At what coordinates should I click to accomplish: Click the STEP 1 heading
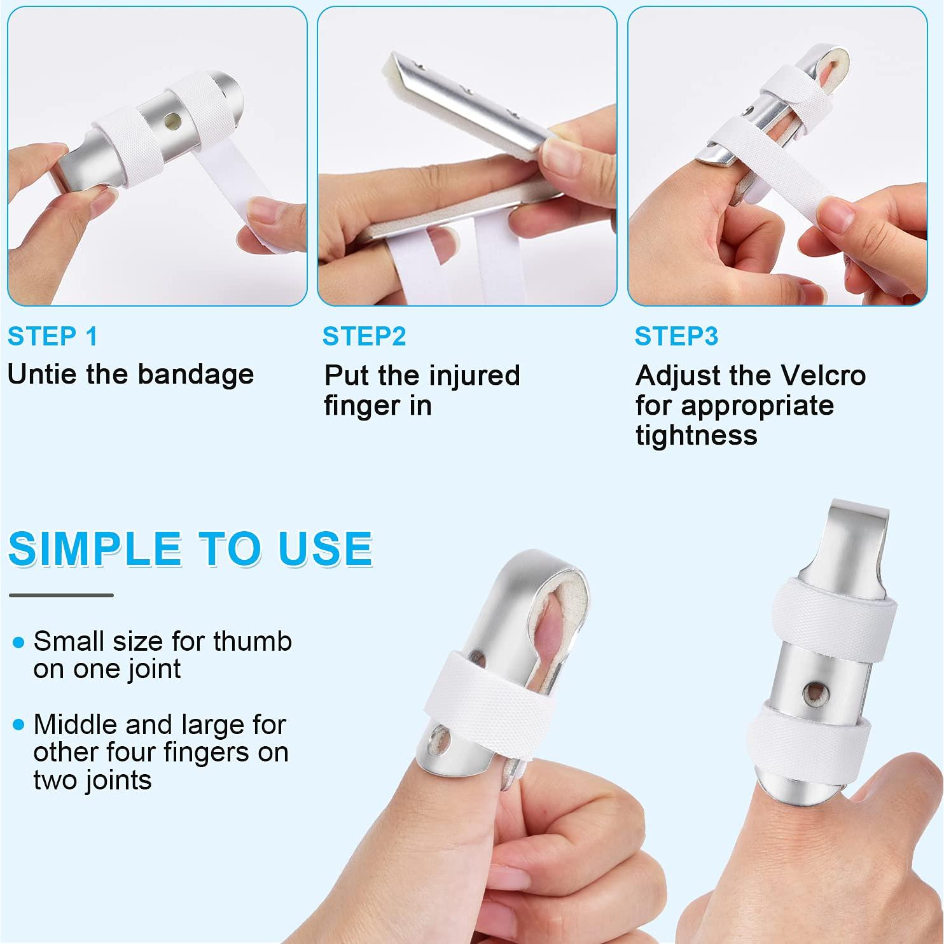(x=53, y=337)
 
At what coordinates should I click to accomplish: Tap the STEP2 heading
(x=364, y=337)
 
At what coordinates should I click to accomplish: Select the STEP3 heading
(x=676, y=337)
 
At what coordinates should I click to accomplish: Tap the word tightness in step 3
(x=697, y=436)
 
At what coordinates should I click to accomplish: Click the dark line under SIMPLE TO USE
(x=61, y=595)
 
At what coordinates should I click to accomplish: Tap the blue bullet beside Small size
(x=19, y=642)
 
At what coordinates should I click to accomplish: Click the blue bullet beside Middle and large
(x=19, y=725)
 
